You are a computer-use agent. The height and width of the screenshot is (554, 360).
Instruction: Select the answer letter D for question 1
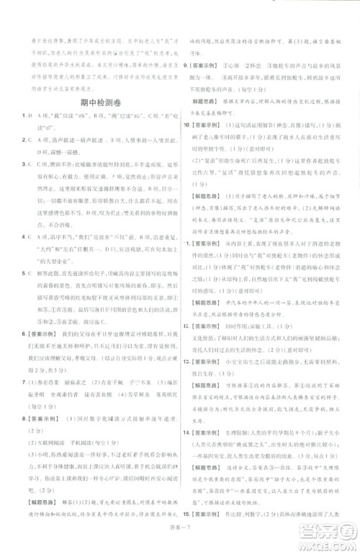[34, 115]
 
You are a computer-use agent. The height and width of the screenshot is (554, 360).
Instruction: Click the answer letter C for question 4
[33, 234]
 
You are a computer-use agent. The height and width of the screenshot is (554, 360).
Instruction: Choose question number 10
[187, 125]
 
